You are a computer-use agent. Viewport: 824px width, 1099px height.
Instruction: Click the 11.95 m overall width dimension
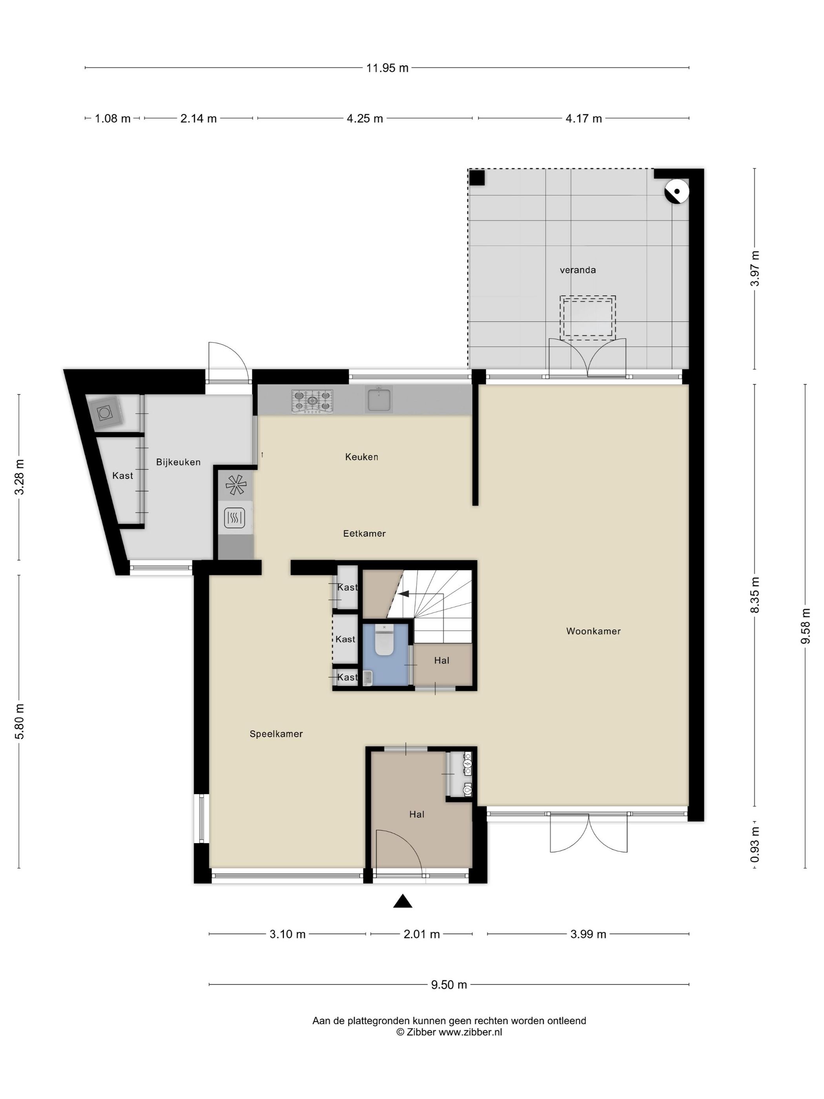coord(387,68)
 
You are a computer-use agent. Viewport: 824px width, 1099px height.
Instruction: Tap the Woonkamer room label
coord(593,631)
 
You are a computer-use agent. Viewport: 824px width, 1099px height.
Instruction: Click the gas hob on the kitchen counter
coord(312,402)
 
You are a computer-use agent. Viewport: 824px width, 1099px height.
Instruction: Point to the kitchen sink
coord(379,398)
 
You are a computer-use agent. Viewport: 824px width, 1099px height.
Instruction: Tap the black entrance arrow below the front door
coord(403,901)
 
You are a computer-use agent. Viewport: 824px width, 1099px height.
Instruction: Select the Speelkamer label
coord(276,734)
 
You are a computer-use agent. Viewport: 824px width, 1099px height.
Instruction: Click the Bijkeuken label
coord(178,462)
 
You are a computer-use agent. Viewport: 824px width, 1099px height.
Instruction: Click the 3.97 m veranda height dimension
coord(755,269)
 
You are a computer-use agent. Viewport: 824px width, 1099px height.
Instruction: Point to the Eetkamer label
coord(365,533)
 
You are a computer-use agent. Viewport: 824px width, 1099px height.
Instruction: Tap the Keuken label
coord(362,456)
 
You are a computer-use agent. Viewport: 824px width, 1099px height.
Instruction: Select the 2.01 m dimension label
coord(422,934)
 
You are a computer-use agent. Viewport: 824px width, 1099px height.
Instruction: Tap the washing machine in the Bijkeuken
coord(105,413)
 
